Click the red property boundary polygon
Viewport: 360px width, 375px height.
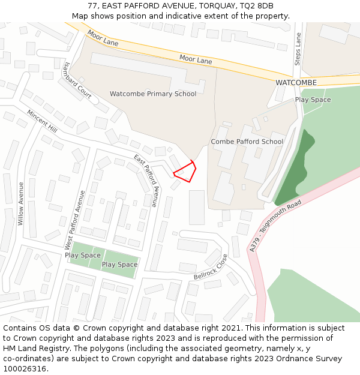click(x=185, y=172)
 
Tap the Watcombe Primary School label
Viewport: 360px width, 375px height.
click(x=152, y=94)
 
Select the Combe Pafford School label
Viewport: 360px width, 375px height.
click(x=247, y=142)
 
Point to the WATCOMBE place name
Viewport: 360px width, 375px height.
click(x=296, y=82)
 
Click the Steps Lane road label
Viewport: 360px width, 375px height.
click(x=297, y=50)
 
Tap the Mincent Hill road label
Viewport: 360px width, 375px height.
click(x=42, y=121)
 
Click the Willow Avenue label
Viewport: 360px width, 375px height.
click(x=21, y=203)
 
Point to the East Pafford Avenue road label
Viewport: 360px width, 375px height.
click(x=146, y=181)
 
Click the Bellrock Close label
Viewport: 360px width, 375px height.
click(x=211, y=267)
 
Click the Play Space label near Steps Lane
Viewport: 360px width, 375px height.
click(x=313, y=100)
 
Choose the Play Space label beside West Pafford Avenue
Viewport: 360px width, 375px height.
click(x=83, y=255)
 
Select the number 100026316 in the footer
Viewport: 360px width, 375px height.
click(x=25, y=368)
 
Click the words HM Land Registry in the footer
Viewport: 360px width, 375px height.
click(x=31, y=348)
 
